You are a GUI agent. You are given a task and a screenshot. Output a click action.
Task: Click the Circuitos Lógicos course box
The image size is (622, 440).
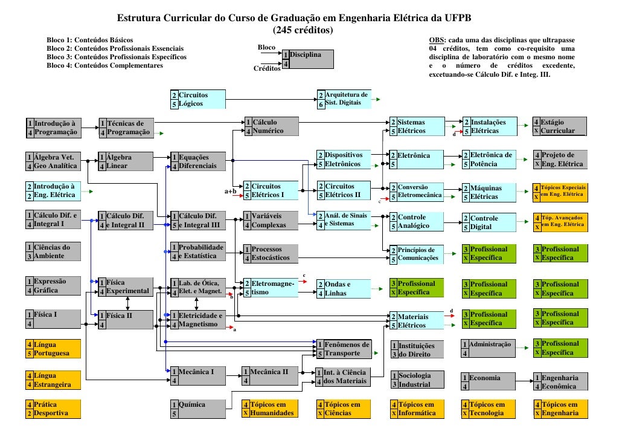pos(198,99)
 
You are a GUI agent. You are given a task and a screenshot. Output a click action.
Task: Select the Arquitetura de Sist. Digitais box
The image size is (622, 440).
pos(342,99)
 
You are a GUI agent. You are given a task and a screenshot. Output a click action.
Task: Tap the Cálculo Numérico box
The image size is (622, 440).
pos(271,126)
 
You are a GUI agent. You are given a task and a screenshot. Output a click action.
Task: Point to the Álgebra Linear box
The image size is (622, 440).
pos(126,161)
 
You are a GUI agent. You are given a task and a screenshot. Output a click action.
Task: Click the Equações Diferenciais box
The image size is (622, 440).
pos(198,161)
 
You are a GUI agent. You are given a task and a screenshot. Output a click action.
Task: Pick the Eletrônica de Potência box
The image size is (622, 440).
pos(490,160)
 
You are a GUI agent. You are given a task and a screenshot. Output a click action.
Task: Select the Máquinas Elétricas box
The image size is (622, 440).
pos(490,192)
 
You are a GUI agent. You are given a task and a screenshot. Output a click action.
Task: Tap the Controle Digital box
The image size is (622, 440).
pos(490,222)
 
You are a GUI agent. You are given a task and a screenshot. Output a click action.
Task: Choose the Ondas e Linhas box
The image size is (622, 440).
pos(343,288)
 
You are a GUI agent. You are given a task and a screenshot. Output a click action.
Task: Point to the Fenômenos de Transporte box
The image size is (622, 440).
pos(343,349)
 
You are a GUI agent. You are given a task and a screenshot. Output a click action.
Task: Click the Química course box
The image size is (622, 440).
pos(198,409)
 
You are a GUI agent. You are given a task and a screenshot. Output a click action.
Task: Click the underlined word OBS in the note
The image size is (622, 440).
pos(436,40)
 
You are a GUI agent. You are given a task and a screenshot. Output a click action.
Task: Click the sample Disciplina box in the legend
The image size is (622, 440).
pos(308,59)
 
